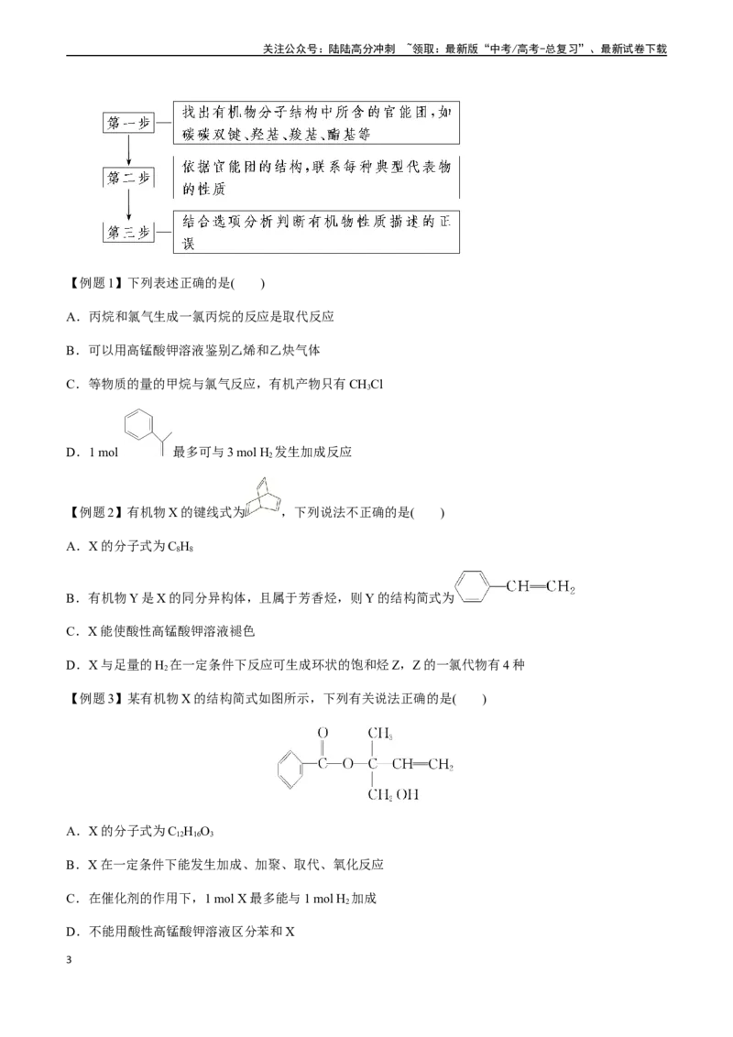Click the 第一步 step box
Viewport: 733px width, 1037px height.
click(128, 123)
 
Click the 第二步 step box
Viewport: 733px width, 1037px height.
click(128, 177)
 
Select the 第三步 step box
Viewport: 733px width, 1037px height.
click(128, 232)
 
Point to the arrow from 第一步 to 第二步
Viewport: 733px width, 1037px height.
click(129, 150)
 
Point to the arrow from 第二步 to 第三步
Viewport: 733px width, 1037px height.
click(129, 205)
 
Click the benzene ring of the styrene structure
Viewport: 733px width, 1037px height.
click(473, 586)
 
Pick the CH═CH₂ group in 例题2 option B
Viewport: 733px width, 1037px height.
click(541, 586)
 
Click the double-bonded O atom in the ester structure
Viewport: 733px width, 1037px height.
click(323, 733)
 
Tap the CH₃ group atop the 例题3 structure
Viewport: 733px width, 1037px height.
click(380, 733)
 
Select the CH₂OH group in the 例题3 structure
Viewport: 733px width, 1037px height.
click(393, 795)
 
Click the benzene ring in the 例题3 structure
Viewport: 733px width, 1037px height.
click(290, 770)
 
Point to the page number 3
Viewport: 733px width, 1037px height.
click(69, 960)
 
